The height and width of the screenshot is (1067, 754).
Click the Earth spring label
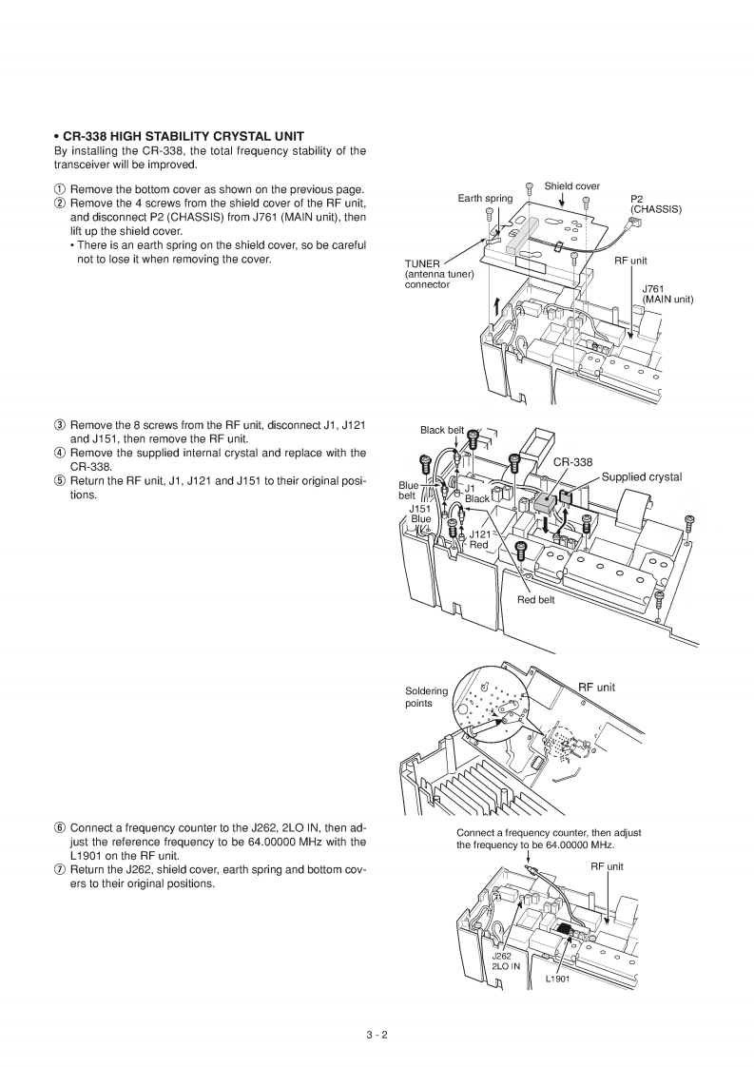click(485, 198)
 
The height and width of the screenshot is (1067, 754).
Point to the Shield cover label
click(571, 185)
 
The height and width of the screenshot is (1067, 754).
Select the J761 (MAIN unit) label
click(667, 293)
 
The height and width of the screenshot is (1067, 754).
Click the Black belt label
click(442, 430)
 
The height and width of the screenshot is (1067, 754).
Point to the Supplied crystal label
click(642, 476)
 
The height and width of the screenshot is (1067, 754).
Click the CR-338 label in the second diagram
click(573, 462)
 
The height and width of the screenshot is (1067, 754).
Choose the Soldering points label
click(425, 697)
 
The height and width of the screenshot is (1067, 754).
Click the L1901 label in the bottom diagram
click(557, 980)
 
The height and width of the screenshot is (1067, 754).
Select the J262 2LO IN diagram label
click(505, 960)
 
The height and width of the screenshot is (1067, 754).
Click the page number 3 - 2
click(377, 1036)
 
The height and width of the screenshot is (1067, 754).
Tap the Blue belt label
click(408, 490)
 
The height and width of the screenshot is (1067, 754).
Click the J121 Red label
click(479, 539)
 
